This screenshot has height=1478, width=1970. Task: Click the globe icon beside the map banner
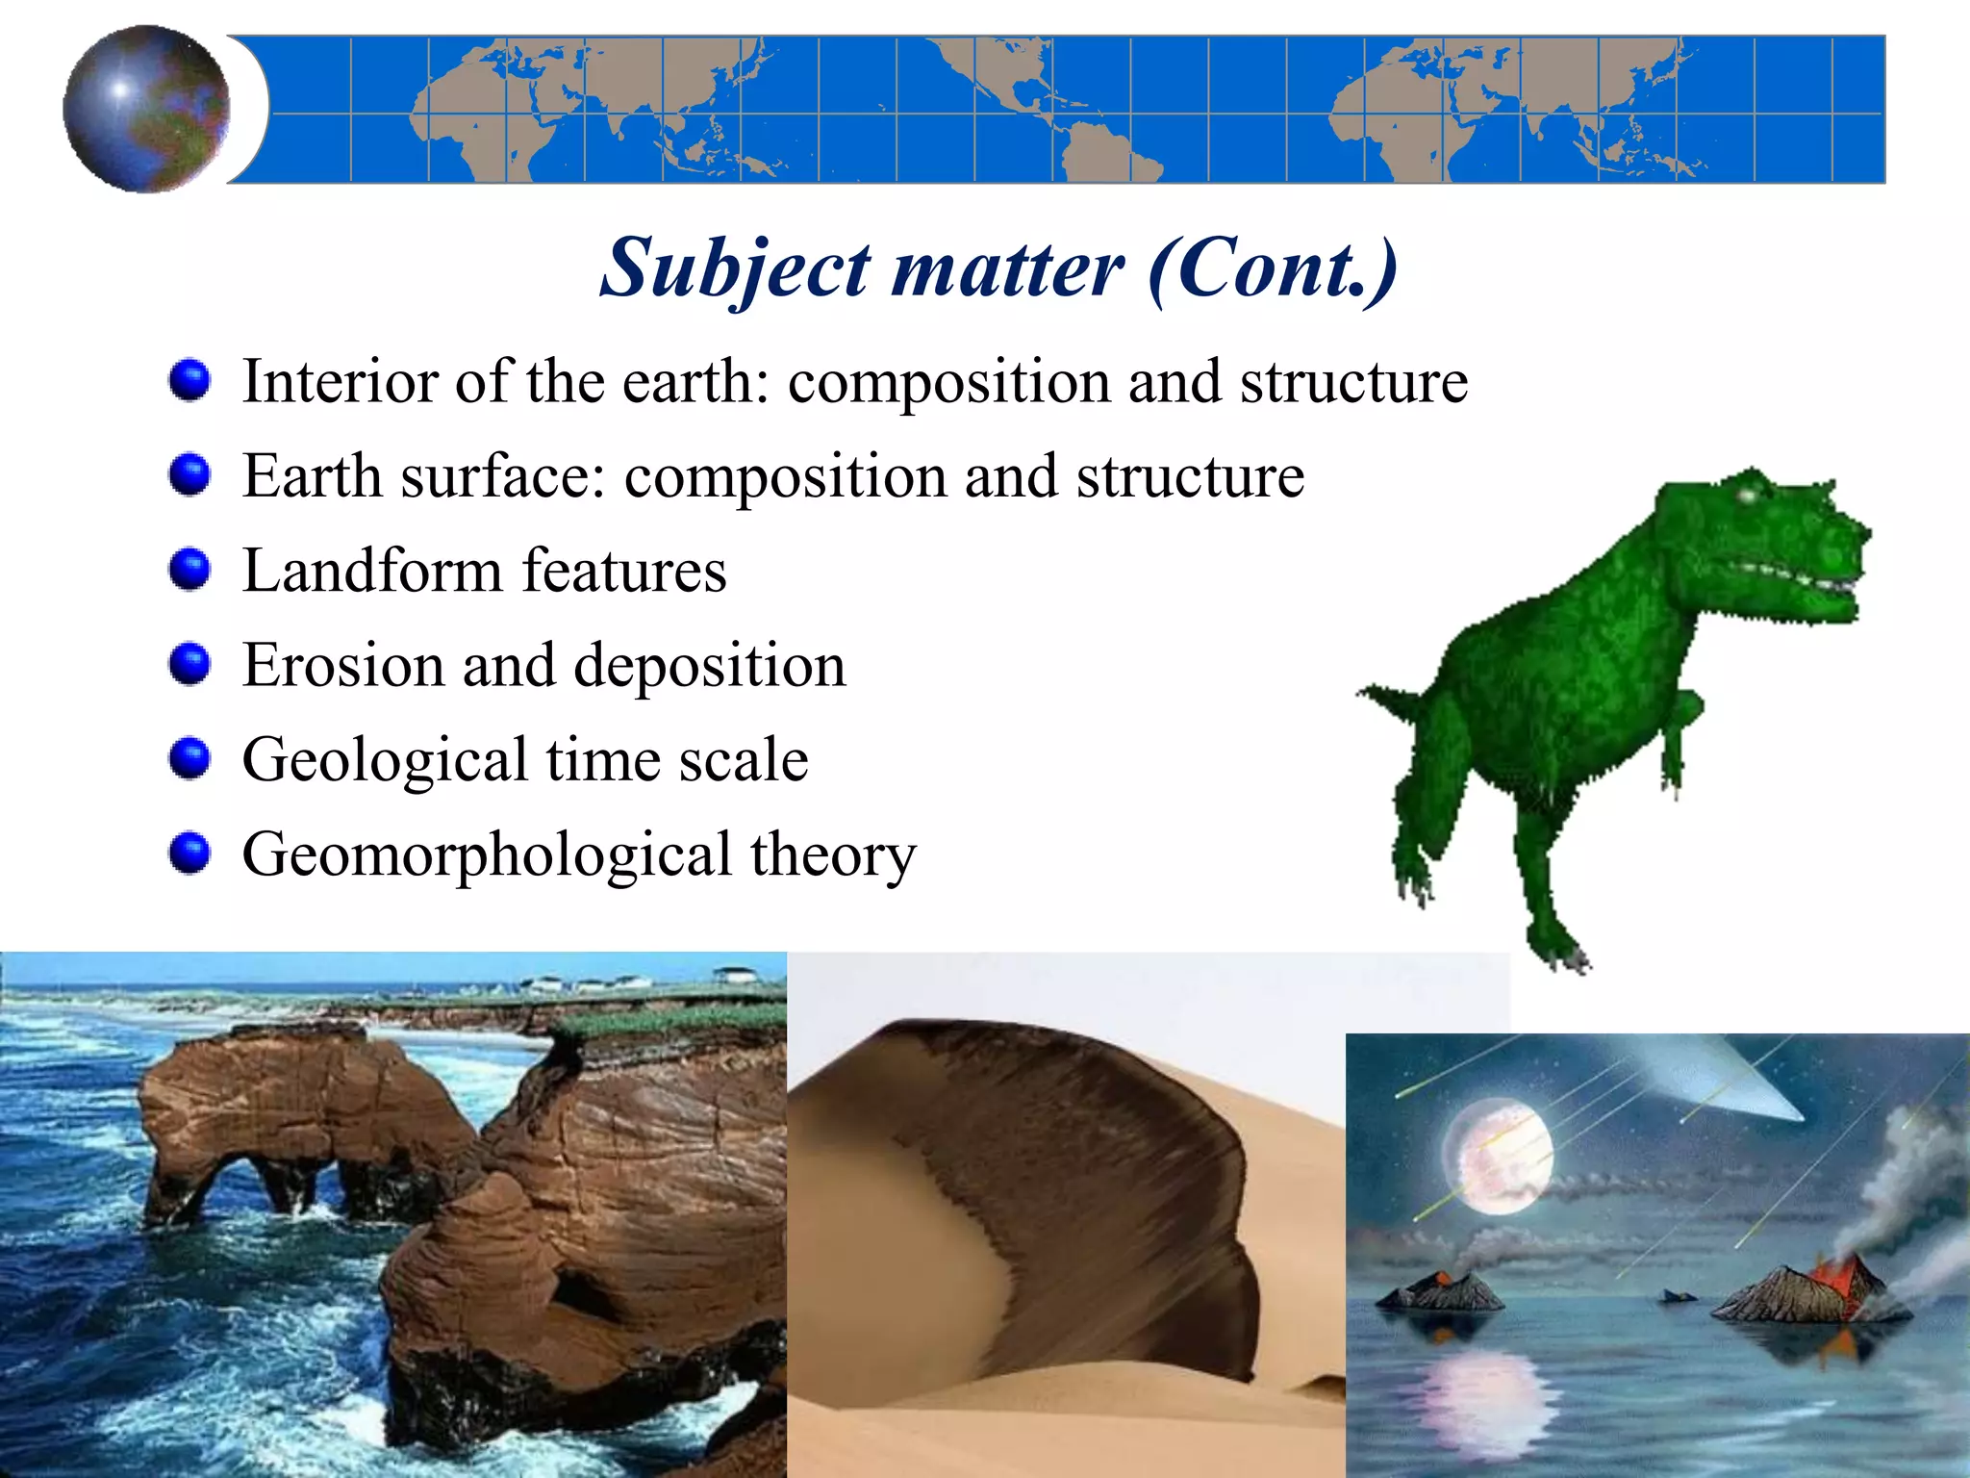pyautogui.click(x=146, y=109)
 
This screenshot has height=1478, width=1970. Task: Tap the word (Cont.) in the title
pyautogui.click(x=1272, y=268)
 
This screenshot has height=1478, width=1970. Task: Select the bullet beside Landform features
pyautogui.click(x=189, y=569)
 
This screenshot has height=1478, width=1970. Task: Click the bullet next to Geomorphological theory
pyautogui.click(x=189, y=853)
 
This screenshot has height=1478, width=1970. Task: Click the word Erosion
pyautogui.click(x=343, y=665)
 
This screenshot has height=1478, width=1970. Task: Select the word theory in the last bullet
pyautogui.click(x=833, y=854)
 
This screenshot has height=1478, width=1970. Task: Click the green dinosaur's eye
pyautogui.click(x=1747, y=495)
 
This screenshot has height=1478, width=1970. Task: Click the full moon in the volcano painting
pyautogui.click(x=1497, y=1155)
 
